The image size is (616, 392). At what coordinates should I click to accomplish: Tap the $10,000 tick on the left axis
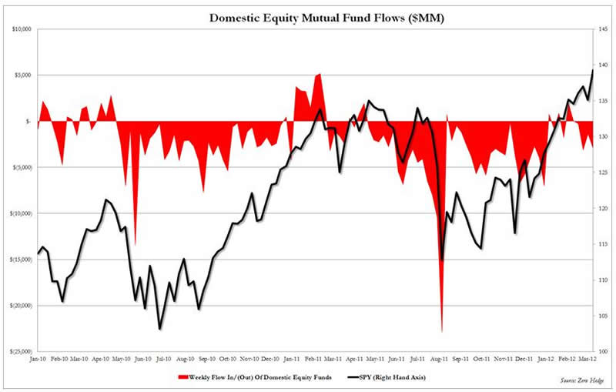pos(19,29)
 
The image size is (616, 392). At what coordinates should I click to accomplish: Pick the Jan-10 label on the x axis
pos(37,359)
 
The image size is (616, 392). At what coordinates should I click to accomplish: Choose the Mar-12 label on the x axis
pos(587,359)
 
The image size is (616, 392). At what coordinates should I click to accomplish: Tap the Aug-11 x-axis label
pos(439,359)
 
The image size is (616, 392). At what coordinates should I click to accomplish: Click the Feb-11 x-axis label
pos(312,359)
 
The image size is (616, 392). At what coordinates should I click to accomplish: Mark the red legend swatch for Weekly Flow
pos(182,378)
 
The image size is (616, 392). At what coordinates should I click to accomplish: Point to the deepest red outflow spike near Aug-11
pos(442,331)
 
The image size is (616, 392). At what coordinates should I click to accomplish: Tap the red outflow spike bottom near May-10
pos(136,245)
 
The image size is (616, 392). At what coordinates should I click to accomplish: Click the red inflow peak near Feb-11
pos(320,74)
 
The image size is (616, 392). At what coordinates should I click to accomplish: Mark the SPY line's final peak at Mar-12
pos(592,70)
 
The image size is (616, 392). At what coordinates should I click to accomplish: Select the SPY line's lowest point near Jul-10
pos(159,329)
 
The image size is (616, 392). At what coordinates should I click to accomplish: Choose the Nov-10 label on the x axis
pos(249,359)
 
